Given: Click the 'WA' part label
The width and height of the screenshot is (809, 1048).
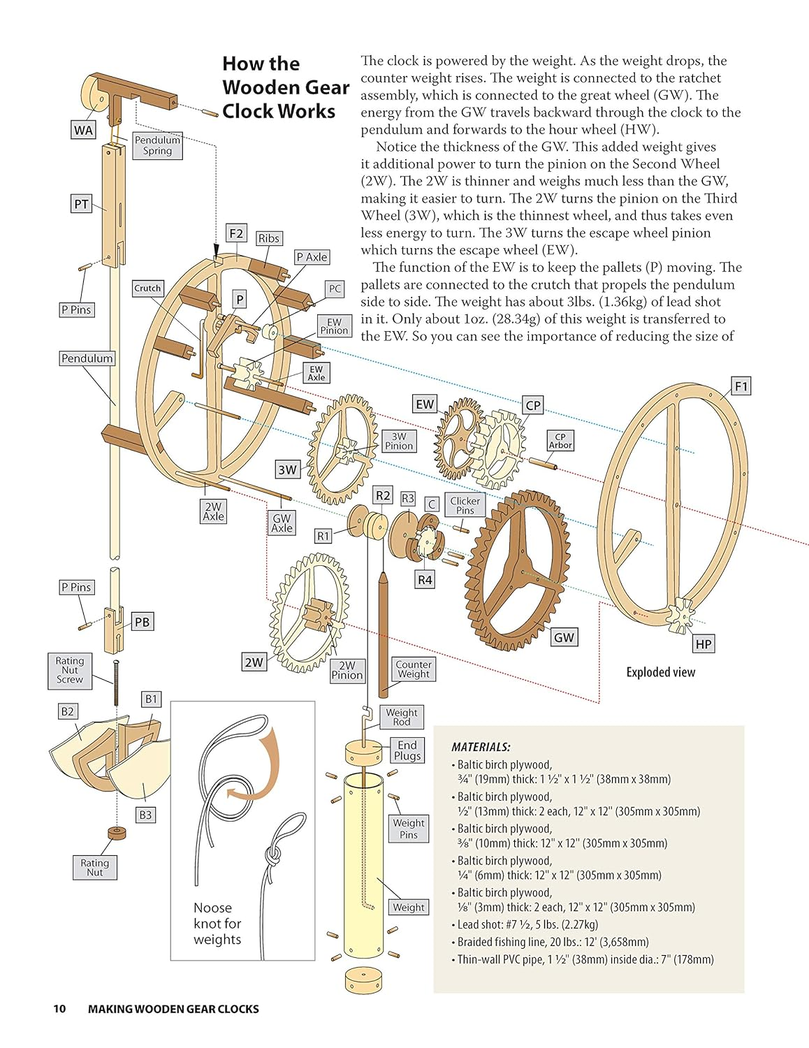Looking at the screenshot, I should [x=83, y=130].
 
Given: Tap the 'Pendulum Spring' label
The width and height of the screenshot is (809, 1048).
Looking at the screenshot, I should [x=157, y=145].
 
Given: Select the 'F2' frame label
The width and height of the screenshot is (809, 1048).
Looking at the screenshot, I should [x=236, y=233].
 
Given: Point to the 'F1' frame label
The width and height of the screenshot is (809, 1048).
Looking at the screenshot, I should [x=741, y=386].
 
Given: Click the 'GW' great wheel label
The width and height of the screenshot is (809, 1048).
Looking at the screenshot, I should [x=564, y=637].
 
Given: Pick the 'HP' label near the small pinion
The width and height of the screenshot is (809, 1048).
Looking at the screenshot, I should [x=704, y=644].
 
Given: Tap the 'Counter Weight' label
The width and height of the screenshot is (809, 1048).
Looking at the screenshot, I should [x=413, y=669].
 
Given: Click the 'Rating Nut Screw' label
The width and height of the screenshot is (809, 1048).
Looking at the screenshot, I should [x=70, y=670].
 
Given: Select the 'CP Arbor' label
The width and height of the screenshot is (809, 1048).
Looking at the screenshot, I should [x=560, y=440].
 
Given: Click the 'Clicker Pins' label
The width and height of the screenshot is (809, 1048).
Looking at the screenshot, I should [x=465, y=505].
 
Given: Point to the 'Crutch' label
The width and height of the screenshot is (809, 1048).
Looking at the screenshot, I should [x=147, y=288].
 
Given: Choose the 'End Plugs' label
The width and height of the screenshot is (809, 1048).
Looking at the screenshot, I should [x=407, y=750].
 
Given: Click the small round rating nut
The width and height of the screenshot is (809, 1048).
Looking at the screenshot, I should [x=117, y=833].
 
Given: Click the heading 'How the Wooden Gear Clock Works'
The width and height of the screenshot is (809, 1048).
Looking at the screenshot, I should [x=285, y=87].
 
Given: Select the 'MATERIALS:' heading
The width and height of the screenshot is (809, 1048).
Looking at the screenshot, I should [x=481, y=747].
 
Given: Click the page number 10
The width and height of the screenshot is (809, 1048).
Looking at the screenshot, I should [x=59, y=1009].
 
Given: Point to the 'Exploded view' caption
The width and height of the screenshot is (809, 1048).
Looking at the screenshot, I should [x=660, y=672].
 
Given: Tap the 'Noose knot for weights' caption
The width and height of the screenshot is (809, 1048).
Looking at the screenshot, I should [x=217, y=924].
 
